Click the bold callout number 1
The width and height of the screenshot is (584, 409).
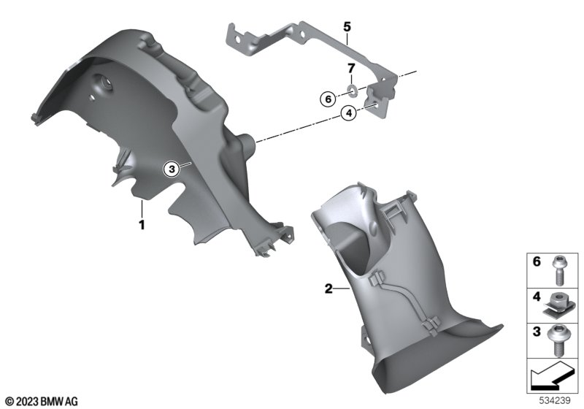tap(142, 225)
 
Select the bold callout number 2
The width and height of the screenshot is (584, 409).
tap(328, 288)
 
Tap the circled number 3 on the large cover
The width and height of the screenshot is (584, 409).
tap(172, 169)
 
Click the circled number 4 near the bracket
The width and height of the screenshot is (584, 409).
tap(349, 113)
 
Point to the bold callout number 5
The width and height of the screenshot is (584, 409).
tap(347, 27)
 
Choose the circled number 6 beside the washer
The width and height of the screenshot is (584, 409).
tap(328, 99)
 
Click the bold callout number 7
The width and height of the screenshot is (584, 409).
tap(351, 68)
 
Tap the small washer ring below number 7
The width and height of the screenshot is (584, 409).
tap(352, 90)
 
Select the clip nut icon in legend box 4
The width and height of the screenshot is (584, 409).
tap(558, 305)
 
